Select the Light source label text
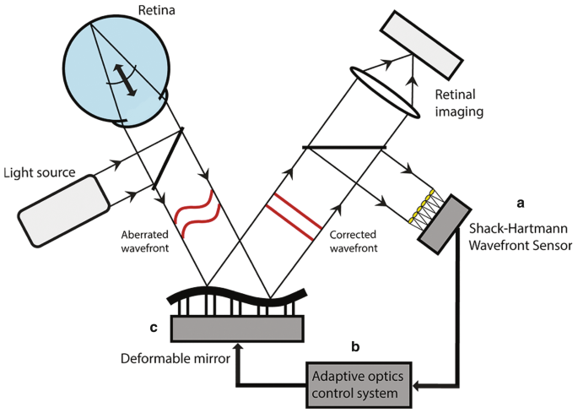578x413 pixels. [x=39, y=174]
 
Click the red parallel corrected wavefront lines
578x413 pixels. [x=292, y=213]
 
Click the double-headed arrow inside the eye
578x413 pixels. [x=126, y=80]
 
